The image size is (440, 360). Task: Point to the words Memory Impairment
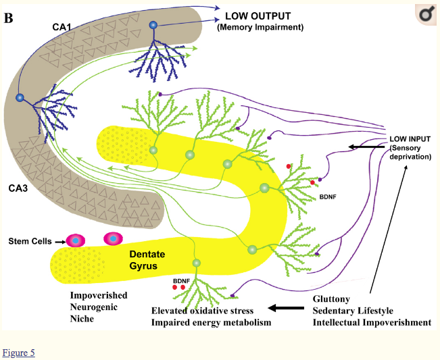tap(260, 28)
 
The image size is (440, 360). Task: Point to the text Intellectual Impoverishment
tap(372, 323)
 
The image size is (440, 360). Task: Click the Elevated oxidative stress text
tap(202, 311)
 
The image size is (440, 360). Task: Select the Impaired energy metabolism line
tap(211, 323)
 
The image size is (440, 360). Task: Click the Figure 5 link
tap(18, 353)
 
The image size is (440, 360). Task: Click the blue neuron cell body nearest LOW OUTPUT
tap(153, 26)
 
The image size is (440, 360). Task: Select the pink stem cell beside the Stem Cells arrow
tap(76, 240)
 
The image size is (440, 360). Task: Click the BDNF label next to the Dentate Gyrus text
tap(180, 279)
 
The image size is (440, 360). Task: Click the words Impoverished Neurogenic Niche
tap(99, 307)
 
